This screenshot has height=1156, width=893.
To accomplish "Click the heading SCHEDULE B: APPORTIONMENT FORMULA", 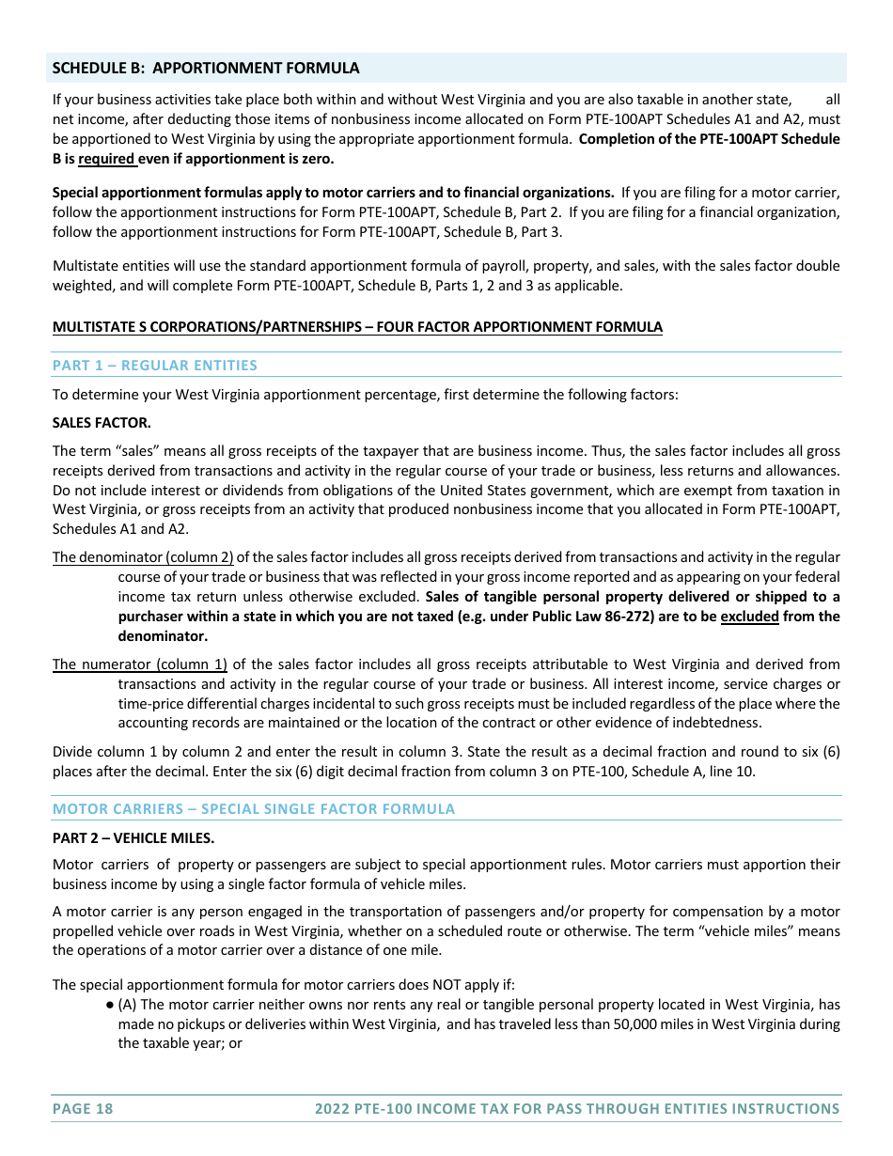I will tap(206, 68).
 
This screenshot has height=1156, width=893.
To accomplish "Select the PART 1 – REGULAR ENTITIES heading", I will tap(155, 366).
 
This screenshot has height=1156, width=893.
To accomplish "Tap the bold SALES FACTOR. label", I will tap(102, 423).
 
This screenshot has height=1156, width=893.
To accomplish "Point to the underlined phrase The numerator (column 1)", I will tap(140, 664).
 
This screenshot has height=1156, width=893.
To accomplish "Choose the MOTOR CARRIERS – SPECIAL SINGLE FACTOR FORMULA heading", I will tap(254, 809).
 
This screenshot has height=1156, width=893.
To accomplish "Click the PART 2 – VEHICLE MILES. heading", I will tap(133, 837).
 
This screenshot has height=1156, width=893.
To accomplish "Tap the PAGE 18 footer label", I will tap(83, 1109).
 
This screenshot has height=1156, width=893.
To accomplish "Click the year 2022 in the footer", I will tap(332, 1109).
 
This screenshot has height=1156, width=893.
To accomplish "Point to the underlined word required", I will tap(106, 159).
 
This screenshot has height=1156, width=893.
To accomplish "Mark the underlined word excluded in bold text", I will tap(749, 617).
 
